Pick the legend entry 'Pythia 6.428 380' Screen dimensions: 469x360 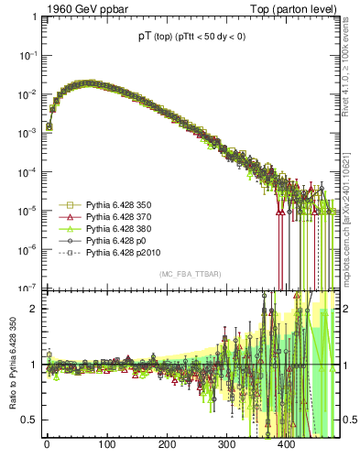tap(120, 229)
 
